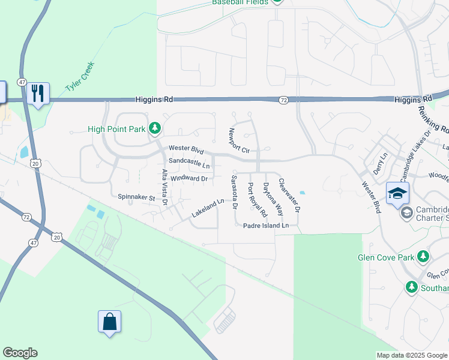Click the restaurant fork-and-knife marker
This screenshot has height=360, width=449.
pos(38,93)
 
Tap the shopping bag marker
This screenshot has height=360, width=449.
pos(110,322)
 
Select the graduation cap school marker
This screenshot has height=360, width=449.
pos(397,193)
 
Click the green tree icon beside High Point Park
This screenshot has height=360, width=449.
pos(155,127)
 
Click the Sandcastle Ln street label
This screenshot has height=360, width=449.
pos(189,163)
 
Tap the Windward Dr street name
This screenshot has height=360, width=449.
pos(188,178)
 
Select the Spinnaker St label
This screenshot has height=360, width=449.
pos(136,197)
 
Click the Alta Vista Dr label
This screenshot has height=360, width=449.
pos(164,188)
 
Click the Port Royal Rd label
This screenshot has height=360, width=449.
pos(257,200)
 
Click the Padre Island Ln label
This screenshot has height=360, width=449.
pos(266,226)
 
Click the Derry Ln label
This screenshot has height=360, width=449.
pos(378,163)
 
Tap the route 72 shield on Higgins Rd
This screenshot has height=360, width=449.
pos(283,100)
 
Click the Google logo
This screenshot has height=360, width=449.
pos(20,353)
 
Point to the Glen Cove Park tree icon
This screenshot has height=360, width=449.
pos(424,257)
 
